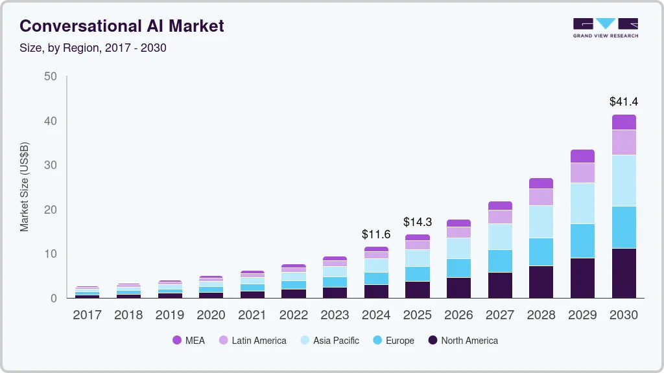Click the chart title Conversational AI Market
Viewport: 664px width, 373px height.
122,26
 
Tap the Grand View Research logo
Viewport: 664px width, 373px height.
605,27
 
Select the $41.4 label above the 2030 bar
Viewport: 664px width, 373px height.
623,102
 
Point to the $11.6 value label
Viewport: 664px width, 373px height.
376,234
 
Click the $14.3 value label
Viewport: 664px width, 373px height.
417,222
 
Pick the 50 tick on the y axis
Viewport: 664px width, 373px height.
51,76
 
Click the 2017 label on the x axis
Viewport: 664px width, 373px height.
87,315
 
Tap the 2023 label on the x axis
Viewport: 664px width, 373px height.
335,315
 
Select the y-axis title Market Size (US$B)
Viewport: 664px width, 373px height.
25,186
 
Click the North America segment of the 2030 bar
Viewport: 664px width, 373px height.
623,273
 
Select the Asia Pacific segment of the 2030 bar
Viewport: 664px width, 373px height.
623,181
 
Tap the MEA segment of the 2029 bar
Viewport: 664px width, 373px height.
582,156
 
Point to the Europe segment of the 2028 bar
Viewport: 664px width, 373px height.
541,252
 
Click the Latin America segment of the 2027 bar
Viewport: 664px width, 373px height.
499,217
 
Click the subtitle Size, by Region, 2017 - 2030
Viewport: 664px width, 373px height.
93,48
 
